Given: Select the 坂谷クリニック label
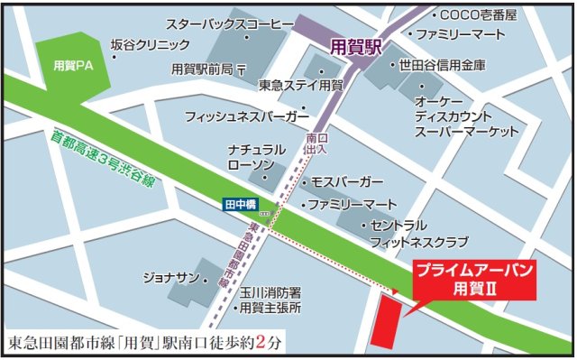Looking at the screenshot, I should pos(150,44).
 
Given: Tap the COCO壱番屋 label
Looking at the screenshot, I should pos(479,15).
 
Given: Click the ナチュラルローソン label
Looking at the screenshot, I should pos(257,156).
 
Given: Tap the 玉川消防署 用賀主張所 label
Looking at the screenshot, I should pos(270,300).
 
